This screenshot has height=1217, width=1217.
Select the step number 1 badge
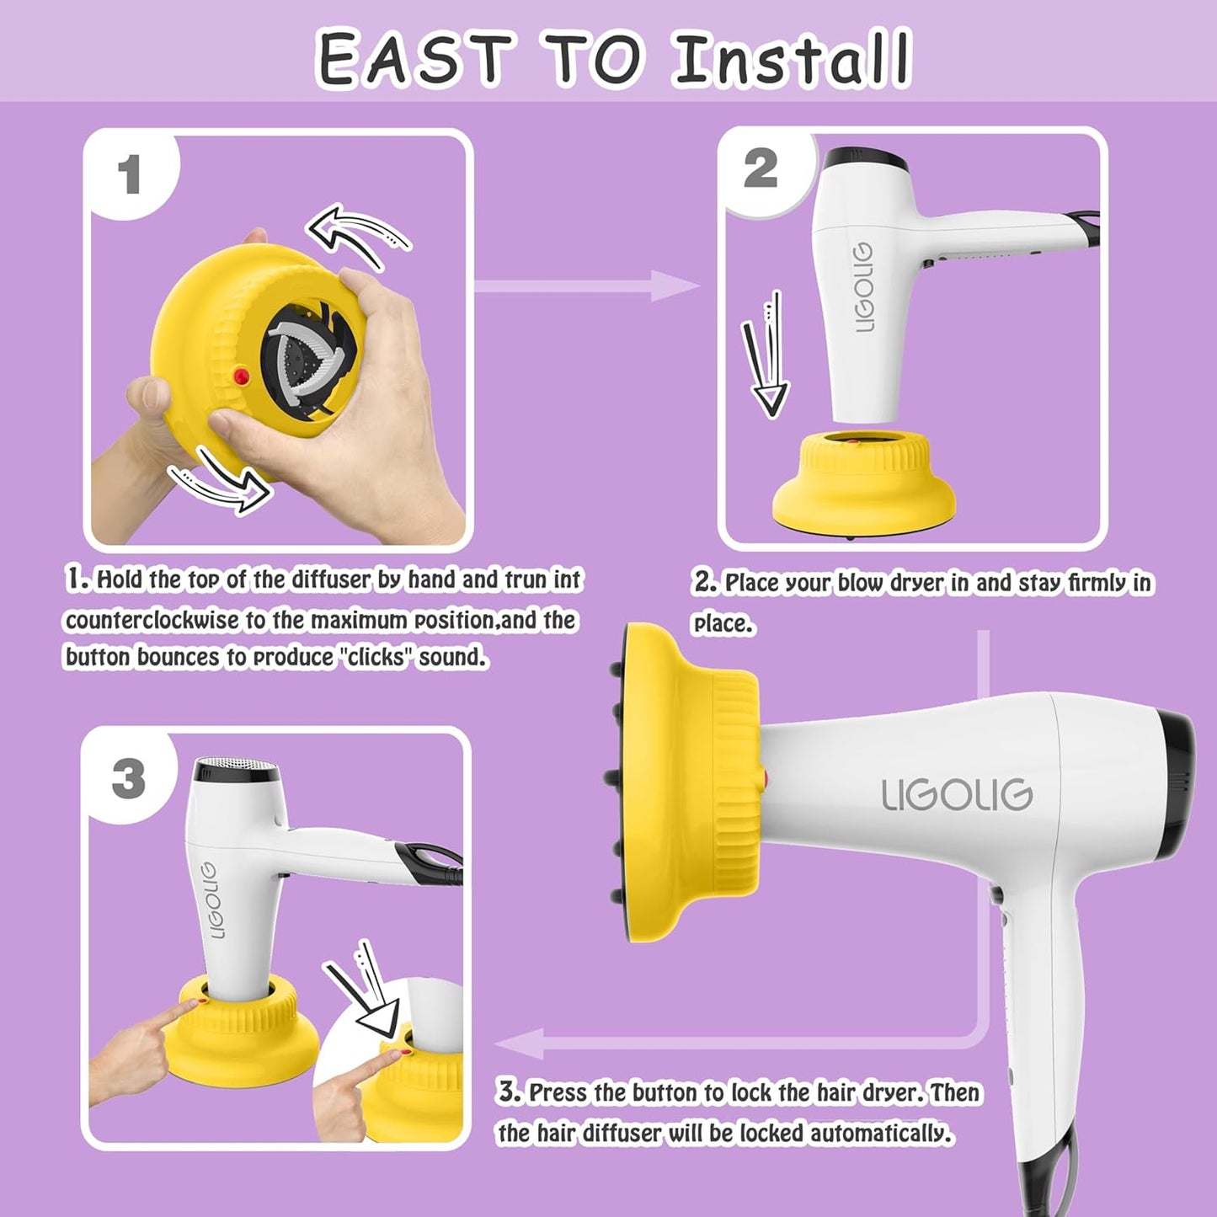(129, 175)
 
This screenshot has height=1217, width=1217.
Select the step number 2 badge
(761, 168)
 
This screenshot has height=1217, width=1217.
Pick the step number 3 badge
(128, 778)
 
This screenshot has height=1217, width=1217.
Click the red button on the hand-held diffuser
(242, 376)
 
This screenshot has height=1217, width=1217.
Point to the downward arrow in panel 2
(765, 357)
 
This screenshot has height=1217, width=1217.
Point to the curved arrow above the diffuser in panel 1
(358, 235)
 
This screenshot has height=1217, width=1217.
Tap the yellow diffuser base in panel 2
(864, 488)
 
